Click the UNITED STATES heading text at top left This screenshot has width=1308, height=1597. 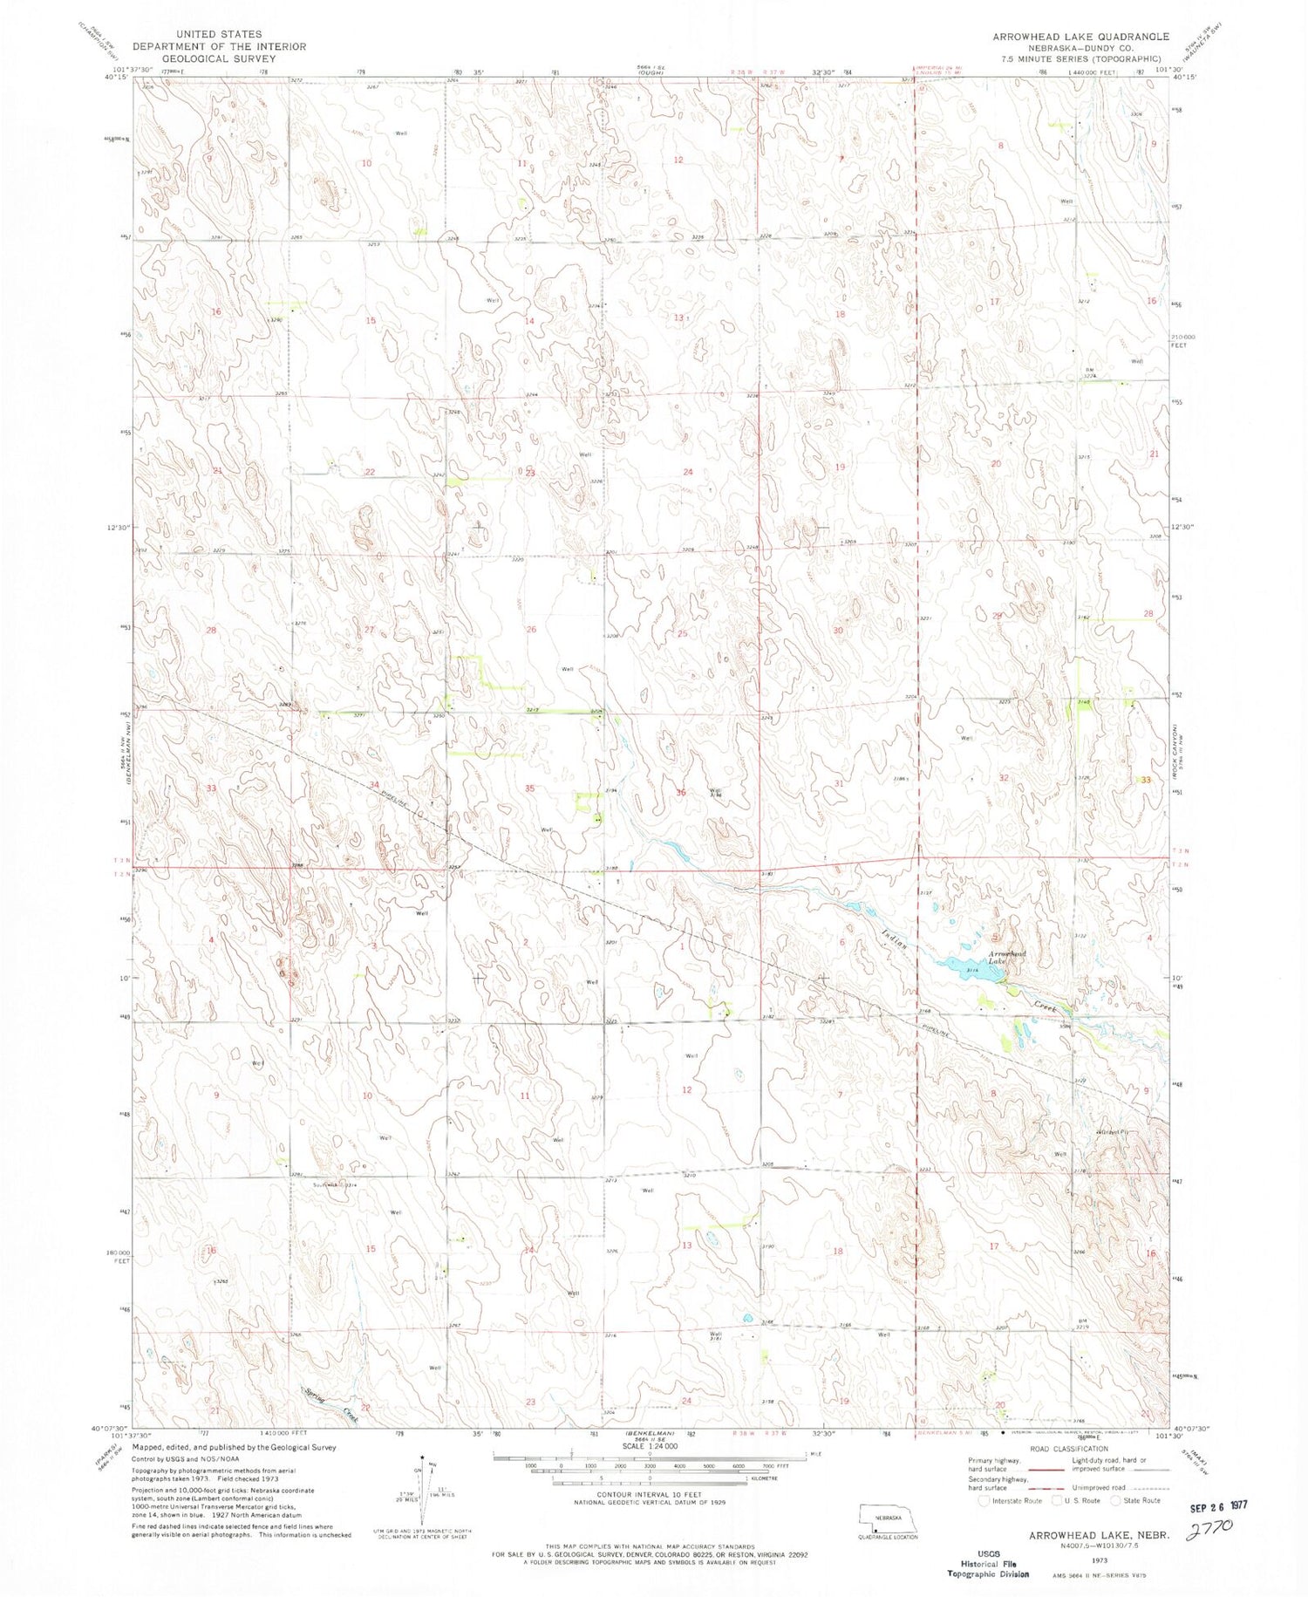(218, 34)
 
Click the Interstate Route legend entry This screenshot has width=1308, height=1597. (1012, 1500)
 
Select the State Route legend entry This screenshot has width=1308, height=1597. (1135, 1500)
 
